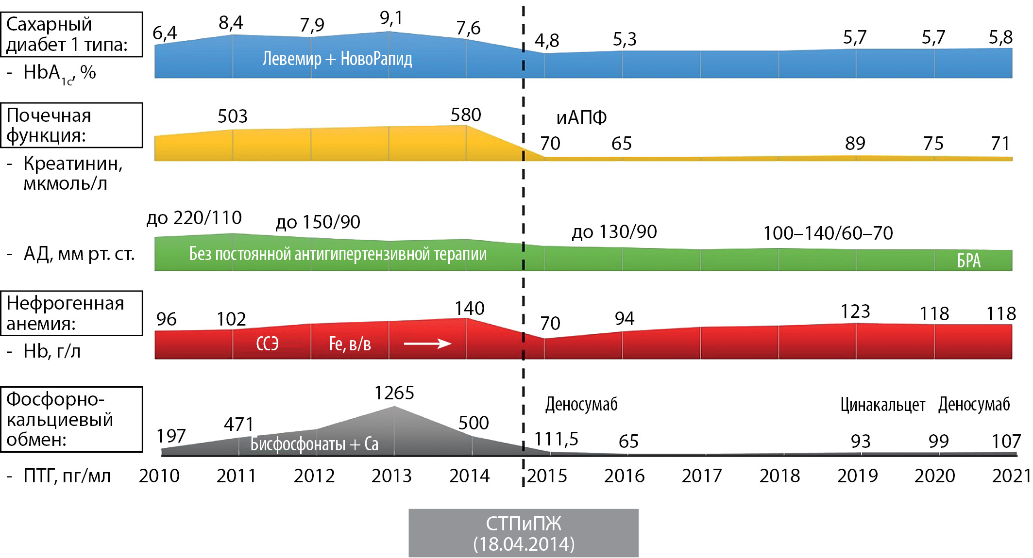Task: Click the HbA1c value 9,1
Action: pos(391,18)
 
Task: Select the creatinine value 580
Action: pos(465,115)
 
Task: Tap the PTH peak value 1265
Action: pos(394,393)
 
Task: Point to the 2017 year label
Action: pos(702,476)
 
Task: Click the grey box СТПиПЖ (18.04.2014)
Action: pos(523,533)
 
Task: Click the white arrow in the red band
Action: pos(427,344)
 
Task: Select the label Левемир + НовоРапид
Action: pos(337,59)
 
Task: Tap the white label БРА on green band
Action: pos(968,261)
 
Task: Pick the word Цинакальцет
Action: pos(882,405)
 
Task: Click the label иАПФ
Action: pos(581,118)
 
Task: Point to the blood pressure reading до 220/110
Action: pos(194,218)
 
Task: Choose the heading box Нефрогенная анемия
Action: pos(71,313)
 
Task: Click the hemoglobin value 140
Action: pos(469,309)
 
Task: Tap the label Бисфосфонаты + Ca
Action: pos(314,444)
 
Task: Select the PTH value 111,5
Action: pos(556,439)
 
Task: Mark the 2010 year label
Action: pos(159,476)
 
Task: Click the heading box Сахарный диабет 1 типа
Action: pos(71,34)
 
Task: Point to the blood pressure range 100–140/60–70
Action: pos(828,233)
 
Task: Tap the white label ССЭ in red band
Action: pos(267,344)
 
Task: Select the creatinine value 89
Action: pos(855,144)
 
